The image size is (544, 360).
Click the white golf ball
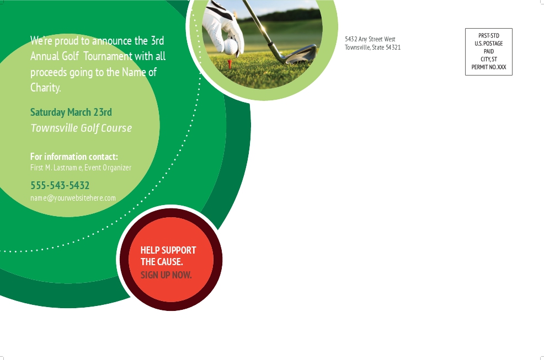pos(231,46)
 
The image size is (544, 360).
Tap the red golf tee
pos(230,63)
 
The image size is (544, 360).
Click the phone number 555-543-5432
pos(60,185)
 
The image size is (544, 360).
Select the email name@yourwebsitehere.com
pos(73,198)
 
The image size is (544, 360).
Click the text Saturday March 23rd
pos(71,112)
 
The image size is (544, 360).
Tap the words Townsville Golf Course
pos(81,128)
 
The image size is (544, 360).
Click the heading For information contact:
pos(74,157)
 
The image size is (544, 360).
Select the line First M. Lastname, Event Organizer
pos(81,168)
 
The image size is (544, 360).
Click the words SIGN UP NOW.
pos(166,275)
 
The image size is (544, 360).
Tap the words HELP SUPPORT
pos(168,250)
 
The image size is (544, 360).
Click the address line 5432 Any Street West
pos(370,39)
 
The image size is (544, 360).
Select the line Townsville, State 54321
pos(372,47)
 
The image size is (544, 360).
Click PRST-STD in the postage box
pos(488,35)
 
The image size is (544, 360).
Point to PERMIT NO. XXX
pos(488,67)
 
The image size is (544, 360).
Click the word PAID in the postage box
pos(488,51)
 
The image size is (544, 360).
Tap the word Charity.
pos(45,88)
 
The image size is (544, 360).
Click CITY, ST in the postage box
pos(488,59)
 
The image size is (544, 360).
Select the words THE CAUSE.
pos(161,261)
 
